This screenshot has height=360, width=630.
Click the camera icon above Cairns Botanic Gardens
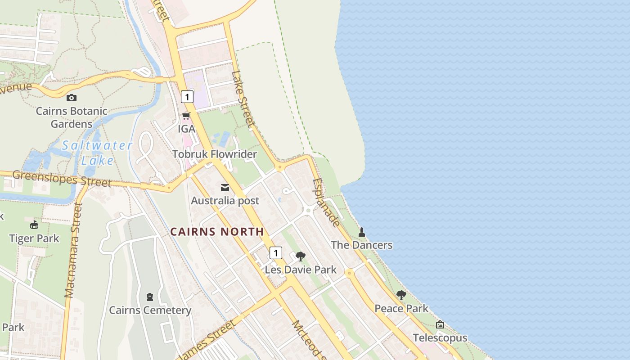71,98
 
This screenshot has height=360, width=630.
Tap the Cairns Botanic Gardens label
72,117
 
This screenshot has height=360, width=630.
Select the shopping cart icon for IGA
186,116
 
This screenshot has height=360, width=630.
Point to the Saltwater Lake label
97,153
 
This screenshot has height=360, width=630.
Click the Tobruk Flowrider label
215,154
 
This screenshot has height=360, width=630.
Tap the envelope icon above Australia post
225,188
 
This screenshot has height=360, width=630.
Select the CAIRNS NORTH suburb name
217,232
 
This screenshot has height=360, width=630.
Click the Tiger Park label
34,238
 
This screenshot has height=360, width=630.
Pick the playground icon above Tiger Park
34,225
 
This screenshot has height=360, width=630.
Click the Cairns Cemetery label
150,310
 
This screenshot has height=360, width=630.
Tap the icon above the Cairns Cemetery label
150,297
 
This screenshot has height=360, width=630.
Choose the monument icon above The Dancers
362,232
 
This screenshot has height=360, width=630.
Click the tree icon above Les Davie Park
301,256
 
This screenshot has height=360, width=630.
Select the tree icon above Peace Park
401,295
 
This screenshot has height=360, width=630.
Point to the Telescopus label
440,338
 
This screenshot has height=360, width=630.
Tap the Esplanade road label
327,202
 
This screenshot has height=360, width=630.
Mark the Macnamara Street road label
73,250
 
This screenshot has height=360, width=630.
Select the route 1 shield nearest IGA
187,97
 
